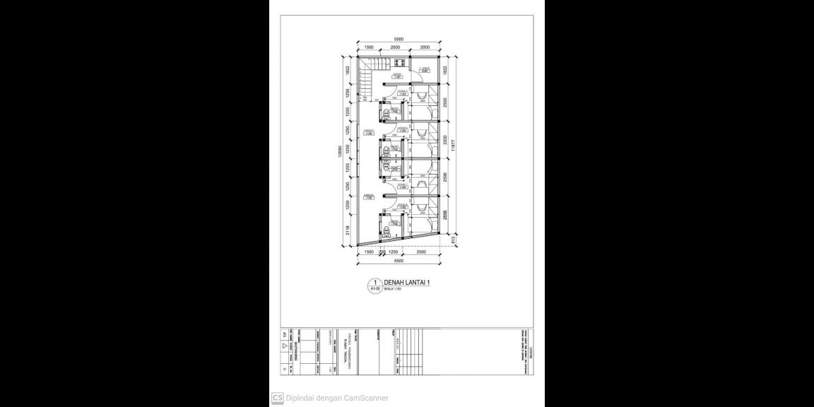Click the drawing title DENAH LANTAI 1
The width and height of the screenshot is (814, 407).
(x=407, y=282)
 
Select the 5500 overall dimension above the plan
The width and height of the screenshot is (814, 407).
(x=399, y=40)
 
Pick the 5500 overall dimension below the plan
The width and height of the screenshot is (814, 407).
(x=399, y=261)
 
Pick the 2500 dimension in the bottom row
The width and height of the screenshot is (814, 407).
(x=421, y=252)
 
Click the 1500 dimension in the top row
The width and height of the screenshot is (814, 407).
(x=369, y=47)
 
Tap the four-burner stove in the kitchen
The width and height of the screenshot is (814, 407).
(x=389, y=62)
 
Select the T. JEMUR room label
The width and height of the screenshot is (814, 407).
(x=424, y=68)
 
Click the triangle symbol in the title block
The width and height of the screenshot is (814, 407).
(x=284, y=347)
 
